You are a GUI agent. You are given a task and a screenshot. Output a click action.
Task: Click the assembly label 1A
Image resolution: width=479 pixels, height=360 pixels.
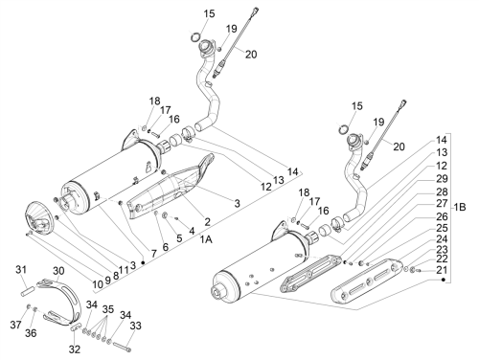pyautogui.click(x=206, y=239)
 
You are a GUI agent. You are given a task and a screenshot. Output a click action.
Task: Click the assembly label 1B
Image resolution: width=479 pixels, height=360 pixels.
pyautogui.click(x=460, y=208)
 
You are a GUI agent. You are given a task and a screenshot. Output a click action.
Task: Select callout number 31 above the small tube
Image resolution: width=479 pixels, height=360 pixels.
pyautogui.click(x=21, y=270)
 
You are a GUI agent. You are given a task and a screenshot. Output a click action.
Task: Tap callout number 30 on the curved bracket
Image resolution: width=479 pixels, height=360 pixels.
pyautogui.click(x=58, y=271)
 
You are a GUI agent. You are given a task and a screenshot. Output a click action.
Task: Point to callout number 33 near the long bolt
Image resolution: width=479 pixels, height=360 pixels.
pyautogui.click(x=136, y=326)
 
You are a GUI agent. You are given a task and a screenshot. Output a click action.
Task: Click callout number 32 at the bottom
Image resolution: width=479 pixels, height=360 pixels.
pyautogui.click(x=75, y=349)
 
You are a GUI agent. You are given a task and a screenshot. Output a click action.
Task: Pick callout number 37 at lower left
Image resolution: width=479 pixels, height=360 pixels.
pyautogui.click(x=15, y=325)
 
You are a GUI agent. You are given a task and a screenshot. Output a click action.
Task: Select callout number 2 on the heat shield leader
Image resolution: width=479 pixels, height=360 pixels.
pyautogui.click(x=208, y=222)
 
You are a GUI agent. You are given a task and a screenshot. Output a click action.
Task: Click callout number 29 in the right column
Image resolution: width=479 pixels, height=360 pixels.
pyautogui.click(x=442, y=179)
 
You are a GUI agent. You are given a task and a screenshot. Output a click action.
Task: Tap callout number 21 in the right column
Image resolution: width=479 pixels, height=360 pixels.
pyautogui.click(x=442, y=270)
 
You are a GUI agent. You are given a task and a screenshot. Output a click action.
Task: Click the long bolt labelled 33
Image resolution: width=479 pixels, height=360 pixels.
pyautogui.click(x=122, y=347)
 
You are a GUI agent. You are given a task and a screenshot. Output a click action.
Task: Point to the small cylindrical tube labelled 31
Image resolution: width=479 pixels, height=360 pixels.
pyautogui.click(x=27, y=292)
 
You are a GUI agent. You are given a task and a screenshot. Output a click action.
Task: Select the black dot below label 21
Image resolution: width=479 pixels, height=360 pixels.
pyautogui.click(x=443, y=280)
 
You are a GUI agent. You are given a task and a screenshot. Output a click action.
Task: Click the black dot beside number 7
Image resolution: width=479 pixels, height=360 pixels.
pyautogui.click(x=143, y=262)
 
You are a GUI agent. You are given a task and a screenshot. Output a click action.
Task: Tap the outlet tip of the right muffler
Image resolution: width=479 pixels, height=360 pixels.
pyautogui.click(x=219, y=291)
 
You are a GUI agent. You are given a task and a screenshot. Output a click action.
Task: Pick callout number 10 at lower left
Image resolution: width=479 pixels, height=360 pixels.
pyautogui.click(x=98, y=283)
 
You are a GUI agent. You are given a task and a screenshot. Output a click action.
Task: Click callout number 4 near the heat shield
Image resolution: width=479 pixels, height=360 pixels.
pyautogui.click(x=192, y=231)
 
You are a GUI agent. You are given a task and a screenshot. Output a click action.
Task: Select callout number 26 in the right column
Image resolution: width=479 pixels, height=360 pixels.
pyautogui.click(x=442, y=216)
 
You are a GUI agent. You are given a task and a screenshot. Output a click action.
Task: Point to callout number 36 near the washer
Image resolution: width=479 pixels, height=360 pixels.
pyautogui.click(x=31, y=333)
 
